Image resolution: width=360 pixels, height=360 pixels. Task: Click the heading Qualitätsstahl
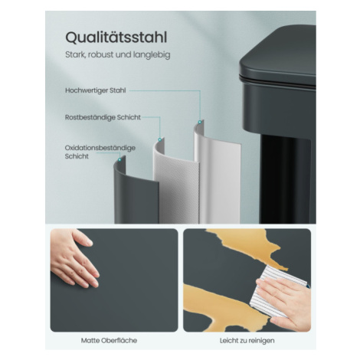pyautogui.click(x=116, y=38)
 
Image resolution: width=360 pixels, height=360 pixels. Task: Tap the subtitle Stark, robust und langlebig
pyautogui.click(x=118, y=54)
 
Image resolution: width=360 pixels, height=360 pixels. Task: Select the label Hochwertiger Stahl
pyautogui.click(x=96, y=90)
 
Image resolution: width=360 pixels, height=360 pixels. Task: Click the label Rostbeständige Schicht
pyautogui.click(x=103, y=117)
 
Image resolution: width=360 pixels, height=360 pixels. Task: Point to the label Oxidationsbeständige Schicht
pyautogui.click(x=100, y=152)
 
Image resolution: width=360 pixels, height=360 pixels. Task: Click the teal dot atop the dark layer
pyautogui.click(x=119, y=159)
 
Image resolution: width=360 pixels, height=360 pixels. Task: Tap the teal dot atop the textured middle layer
pyautogui.click(x=160, y=139)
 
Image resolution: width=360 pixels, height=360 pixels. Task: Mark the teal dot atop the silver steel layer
pyautogui.click(x=200, y=123)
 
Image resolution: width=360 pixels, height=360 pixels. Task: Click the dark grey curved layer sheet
pyautogui.click(x=136, y=197)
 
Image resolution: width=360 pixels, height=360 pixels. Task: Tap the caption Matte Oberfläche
pyautogui.click(x=109, y=341)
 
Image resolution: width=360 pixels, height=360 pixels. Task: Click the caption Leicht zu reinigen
pyautogui.click(x=247, y=341)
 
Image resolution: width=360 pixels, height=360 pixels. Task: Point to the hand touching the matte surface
pyautogui.click(x=74, y=258)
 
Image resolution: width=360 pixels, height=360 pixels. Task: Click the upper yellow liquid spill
pyautogui.click(x=250, y=245)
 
